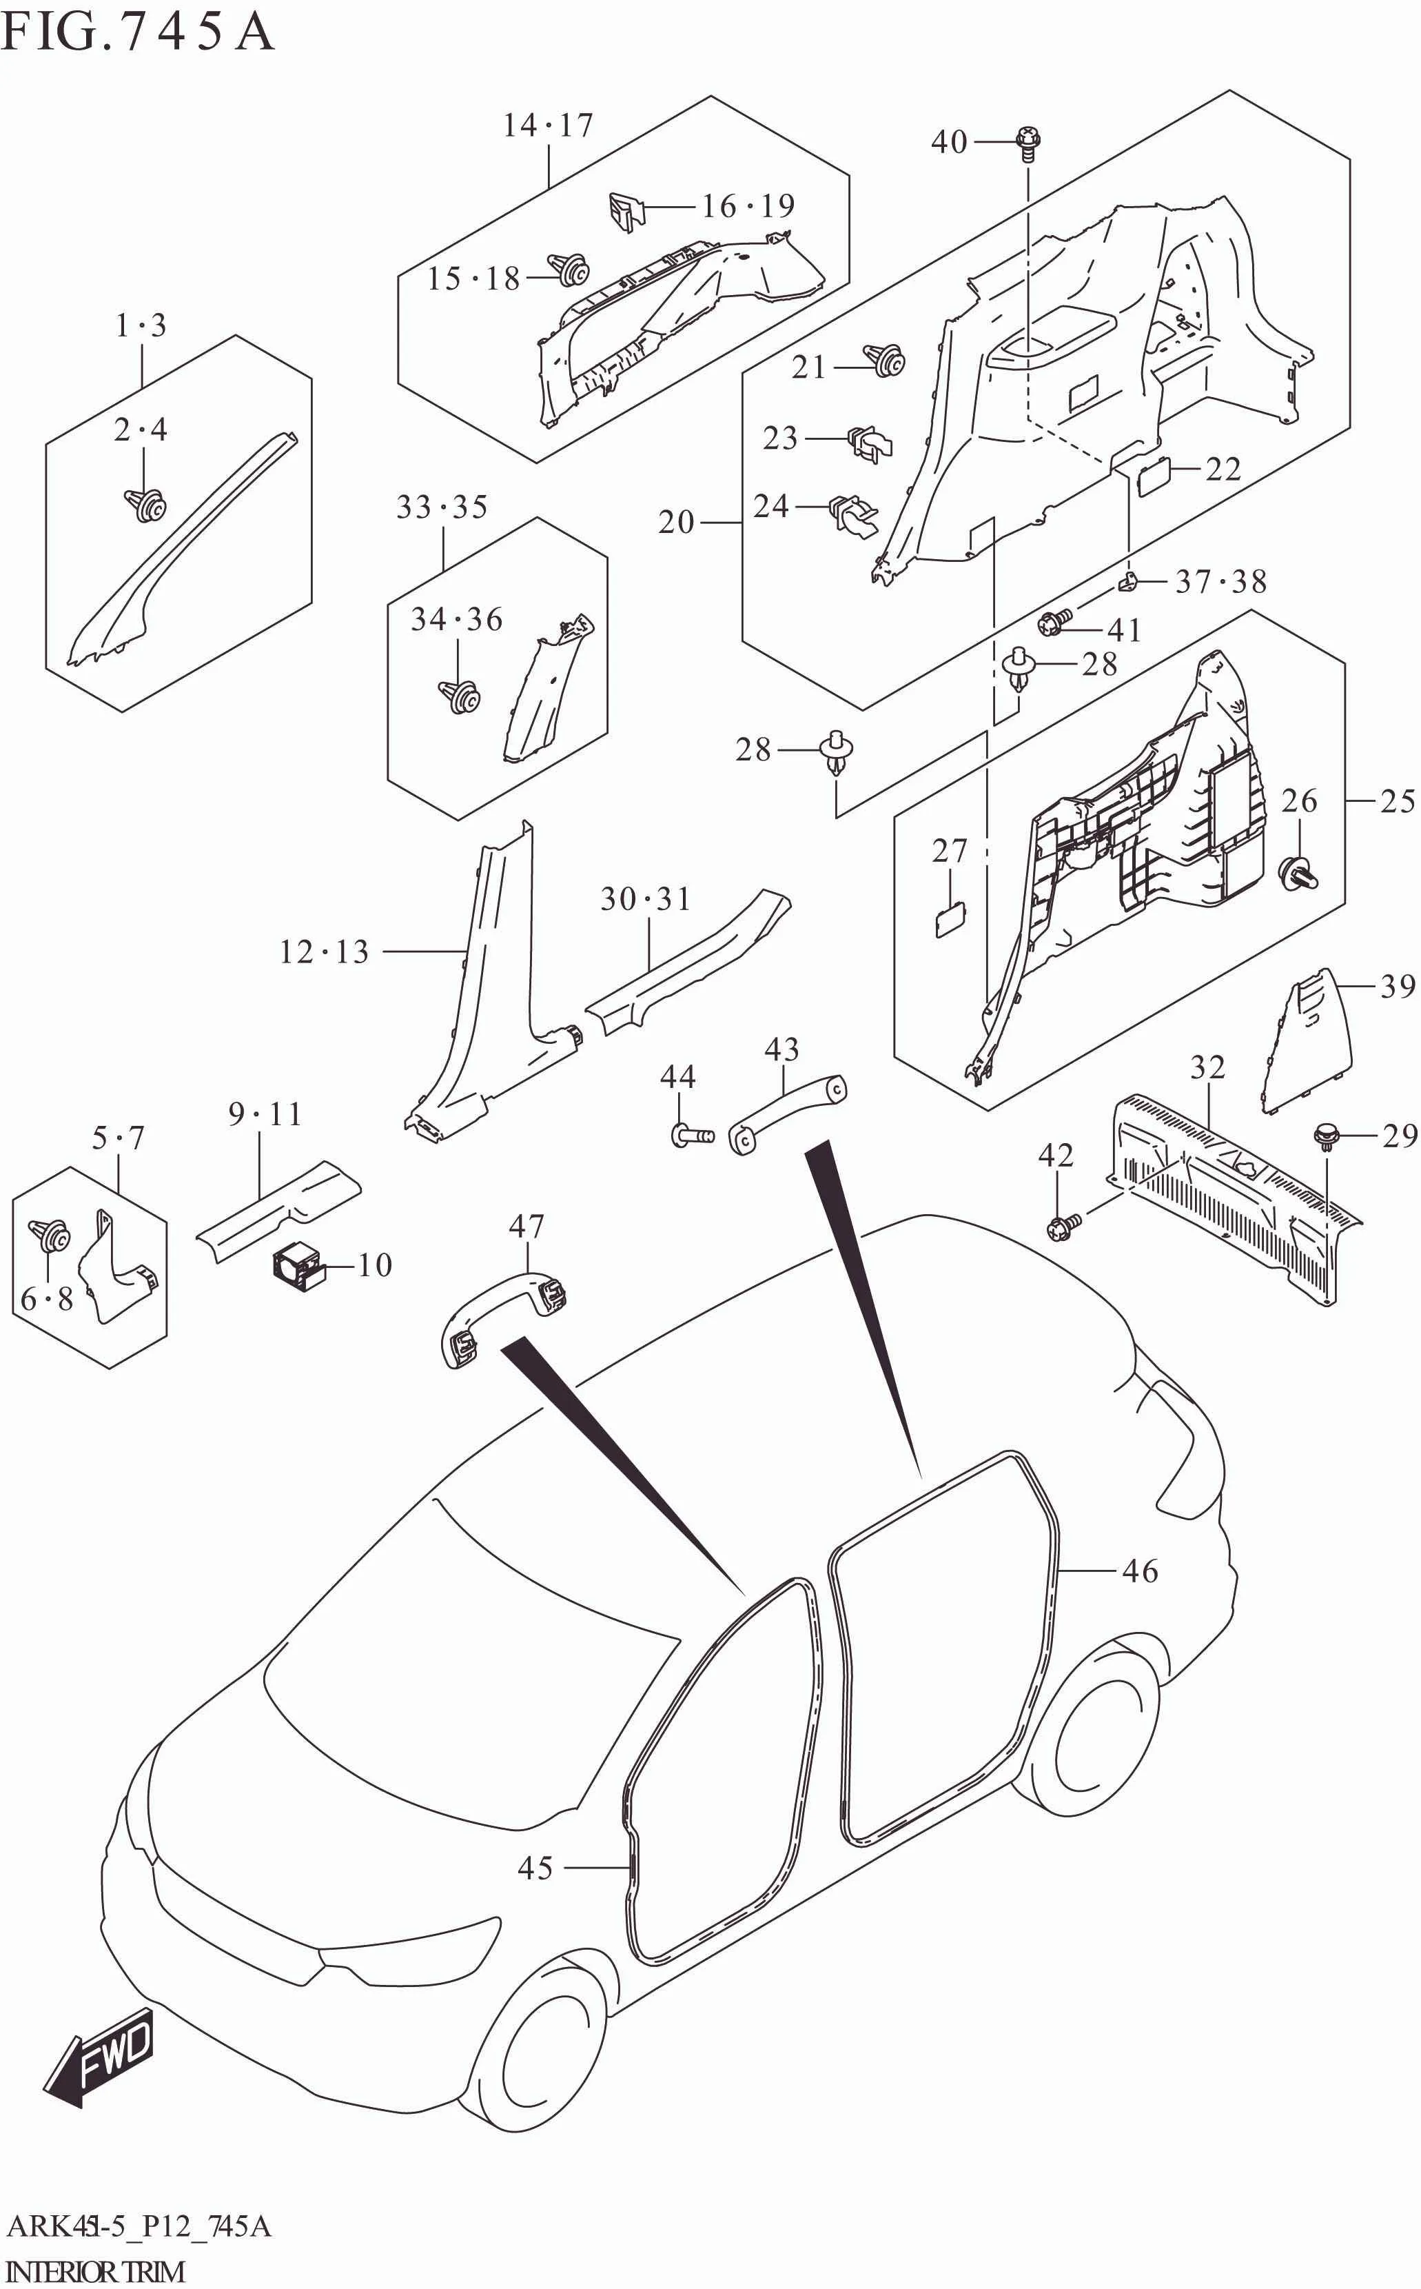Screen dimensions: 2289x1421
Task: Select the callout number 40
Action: point(949,142)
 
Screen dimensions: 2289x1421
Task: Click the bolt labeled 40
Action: point(1029,143)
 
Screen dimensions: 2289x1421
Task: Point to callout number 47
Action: point(527,1226)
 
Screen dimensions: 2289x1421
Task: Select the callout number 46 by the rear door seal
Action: point(1140,1571)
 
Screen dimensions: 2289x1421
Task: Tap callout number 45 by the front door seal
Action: point(535,1868)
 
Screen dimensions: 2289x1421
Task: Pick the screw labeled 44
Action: point(692,1136)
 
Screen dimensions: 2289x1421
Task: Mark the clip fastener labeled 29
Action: point(1326,1136)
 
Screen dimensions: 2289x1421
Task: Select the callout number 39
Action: point(1398,986)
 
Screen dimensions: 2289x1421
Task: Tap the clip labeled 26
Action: point(1300,874)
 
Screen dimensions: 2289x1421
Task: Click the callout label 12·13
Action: point(324,952)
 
